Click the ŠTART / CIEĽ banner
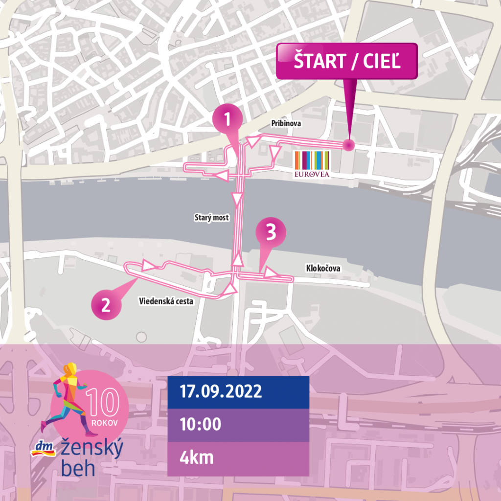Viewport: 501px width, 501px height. point(347,62)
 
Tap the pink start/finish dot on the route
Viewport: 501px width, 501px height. point(348,145)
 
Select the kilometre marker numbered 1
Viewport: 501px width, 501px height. point(227,119)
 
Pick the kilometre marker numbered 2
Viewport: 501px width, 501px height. point(106,306)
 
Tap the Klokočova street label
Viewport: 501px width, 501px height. point(323,269)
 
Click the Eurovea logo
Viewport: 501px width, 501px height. point(311,164)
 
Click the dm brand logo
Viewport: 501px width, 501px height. point(44,448)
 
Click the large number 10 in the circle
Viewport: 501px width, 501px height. point(103,403)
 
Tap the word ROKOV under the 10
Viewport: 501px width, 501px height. point(105,422)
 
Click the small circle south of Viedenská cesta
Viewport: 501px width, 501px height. point(141,337)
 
